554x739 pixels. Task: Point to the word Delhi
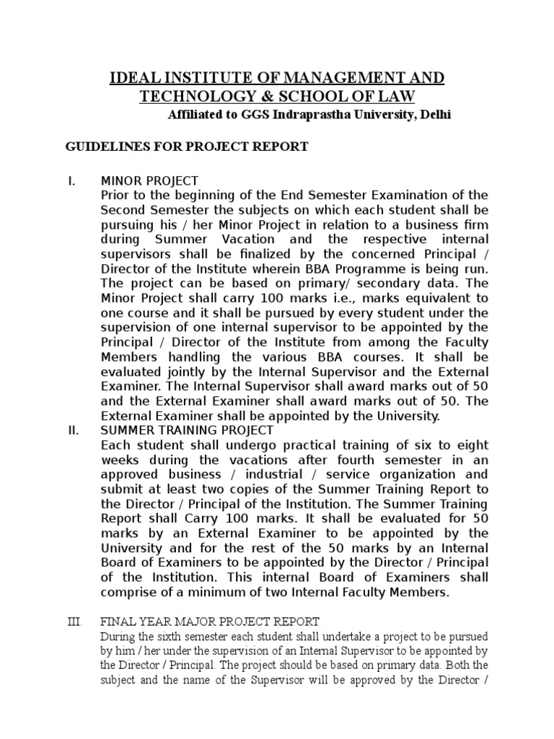(434, 115)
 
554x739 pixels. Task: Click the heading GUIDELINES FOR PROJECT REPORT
(188, 147)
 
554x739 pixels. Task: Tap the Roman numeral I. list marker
(71, 180)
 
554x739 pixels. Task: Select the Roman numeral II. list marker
(74, 430)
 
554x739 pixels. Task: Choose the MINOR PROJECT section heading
(149, 180)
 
